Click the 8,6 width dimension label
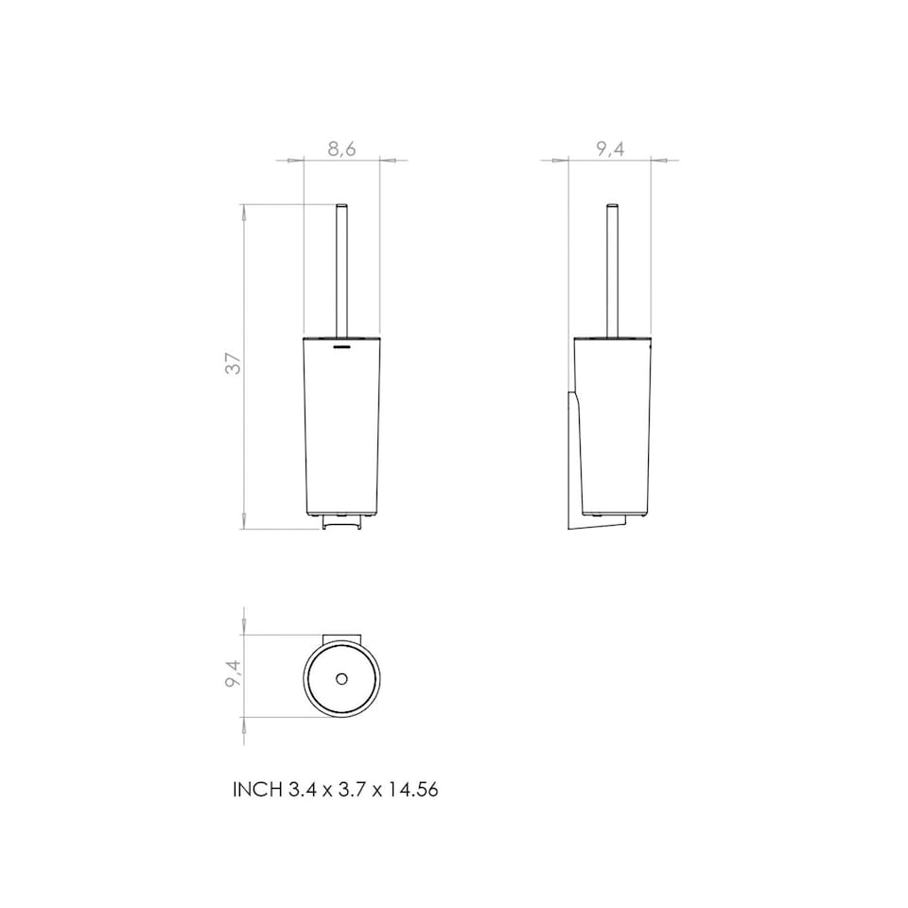(x=341, y=148)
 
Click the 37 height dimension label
(x=233, y=363)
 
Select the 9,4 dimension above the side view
(x=610, y=148)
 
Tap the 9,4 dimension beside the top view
(x=233, y=674)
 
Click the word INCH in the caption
(x=256, y=789)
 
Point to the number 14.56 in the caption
(x=412, y=789)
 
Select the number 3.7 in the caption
(x=347, y=789)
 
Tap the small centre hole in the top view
(x=341, y=679)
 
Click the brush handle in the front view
(x=341, y=270)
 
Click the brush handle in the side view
(x=612, y=270)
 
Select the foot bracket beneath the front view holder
(x=341, y=521)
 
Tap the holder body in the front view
(x=341, y=426)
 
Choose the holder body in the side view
(x=612, y=426)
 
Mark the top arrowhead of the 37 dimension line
(x=245, y=212)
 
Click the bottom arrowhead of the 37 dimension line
(x=245, y=522)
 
